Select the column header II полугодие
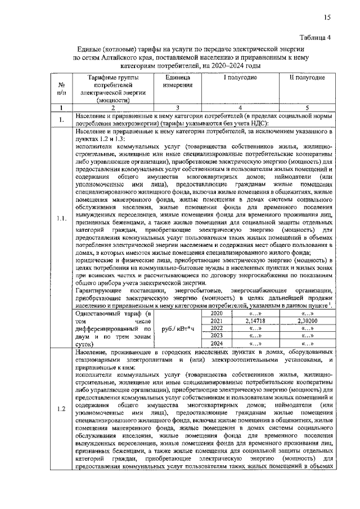point(307,76)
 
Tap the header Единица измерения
point(178,80)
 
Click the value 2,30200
point(308,320)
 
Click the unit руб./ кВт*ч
point(178,328)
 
